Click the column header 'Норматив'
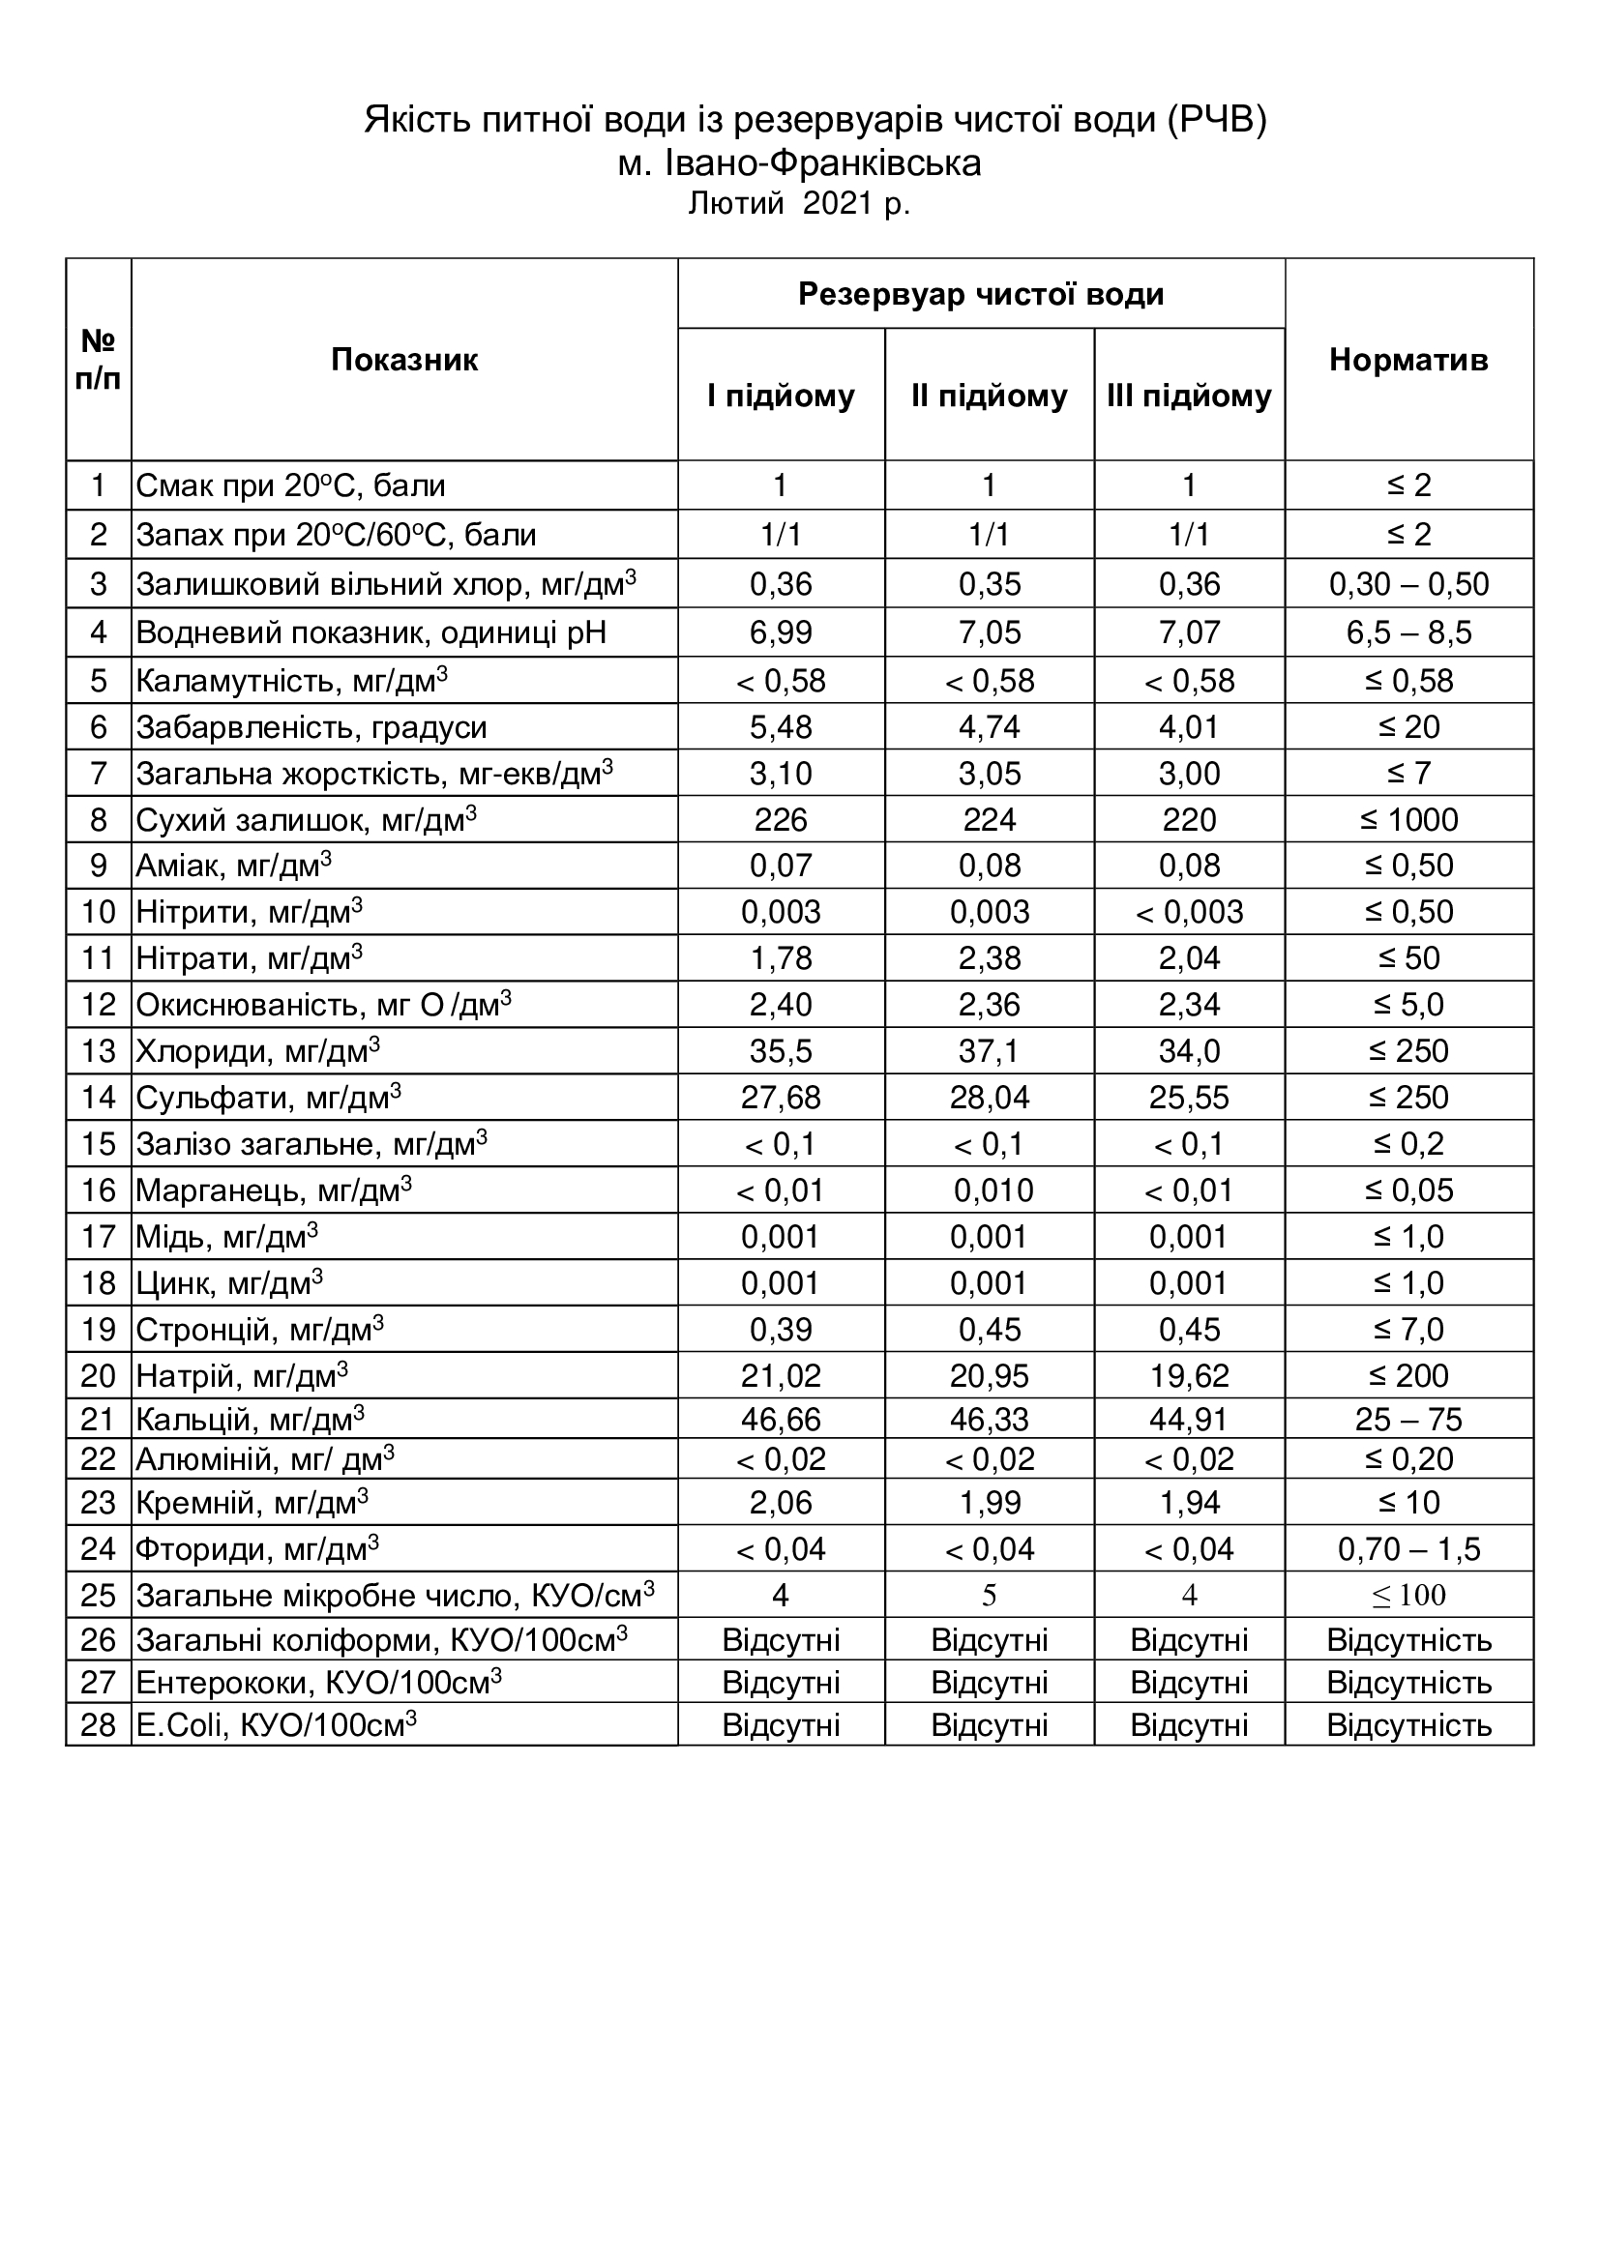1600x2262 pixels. (1407, 361)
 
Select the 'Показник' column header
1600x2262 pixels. (404, 361)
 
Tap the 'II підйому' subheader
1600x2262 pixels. (990, 397)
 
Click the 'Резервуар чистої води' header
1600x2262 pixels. (980, 295)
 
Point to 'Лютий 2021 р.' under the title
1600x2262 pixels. (799, 204)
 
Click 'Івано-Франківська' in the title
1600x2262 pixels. (822, 162)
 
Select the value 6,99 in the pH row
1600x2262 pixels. (781, 632)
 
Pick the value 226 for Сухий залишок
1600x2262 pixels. (781, 820)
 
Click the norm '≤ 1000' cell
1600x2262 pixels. (1407, 820)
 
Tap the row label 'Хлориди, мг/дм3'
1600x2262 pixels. (258, 1051)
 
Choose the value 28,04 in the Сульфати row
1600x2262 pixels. (990, 1098)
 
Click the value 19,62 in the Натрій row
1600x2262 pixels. (1189, 1375)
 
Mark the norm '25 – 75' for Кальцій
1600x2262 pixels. (1407, 1420)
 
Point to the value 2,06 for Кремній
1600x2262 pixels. (781, 1503)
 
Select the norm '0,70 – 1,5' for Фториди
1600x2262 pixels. (1407, 1549)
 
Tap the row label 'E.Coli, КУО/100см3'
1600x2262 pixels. (276, 1725)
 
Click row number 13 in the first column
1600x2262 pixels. (99, 1051)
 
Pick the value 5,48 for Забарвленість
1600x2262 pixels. (781, 727)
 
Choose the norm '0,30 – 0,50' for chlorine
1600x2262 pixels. (1407, 584)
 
